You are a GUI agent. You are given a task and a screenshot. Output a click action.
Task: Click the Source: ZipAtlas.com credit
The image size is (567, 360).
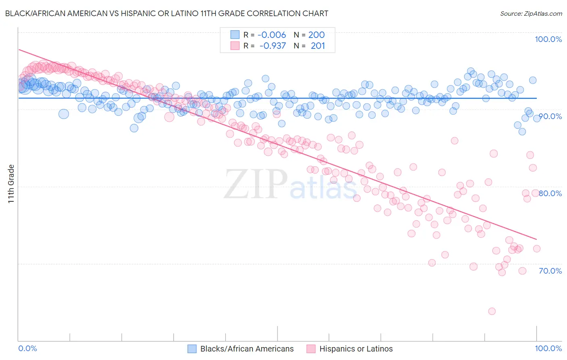point(531,13)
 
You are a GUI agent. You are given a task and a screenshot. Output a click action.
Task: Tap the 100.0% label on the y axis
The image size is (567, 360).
point(548,39)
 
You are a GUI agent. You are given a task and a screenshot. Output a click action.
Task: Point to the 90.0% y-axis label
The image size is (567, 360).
point(550,116)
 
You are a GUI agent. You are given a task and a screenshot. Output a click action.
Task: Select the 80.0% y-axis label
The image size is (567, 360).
point(550,193)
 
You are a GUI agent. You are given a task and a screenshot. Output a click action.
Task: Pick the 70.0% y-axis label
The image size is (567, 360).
point(550,271)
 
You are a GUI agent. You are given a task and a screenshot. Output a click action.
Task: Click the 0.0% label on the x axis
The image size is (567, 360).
point(28,348)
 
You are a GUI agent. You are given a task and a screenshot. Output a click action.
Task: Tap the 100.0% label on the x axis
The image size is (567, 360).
point(548,348)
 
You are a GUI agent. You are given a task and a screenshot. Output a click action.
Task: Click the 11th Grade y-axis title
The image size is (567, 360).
point(11,184)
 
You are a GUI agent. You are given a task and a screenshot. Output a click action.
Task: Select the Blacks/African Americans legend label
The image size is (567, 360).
point(247,349)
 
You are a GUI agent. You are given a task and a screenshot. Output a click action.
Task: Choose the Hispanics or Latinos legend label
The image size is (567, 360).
point(356,349)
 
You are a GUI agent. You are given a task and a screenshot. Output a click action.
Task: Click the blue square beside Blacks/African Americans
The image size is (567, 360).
point(192,349)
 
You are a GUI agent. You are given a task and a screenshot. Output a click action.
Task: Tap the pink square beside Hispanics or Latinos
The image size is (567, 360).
point(311,349)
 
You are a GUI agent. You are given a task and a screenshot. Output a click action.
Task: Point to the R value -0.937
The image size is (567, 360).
point(272,46)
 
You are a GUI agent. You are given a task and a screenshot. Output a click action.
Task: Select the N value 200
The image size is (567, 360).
point(316,35)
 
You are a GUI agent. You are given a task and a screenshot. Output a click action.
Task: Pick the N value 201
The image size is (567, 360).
point(318,46)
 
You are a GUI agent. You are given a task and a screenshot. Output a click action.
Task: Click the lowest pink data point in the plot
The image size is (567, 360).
point(492,311)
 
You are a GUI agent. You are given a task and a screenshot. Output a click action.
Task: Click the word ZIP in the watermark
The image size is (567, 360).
point(256,184)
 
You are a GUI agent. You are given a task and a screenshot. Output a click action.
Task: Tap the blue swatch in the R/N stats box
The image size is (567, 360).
point(235,35)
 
